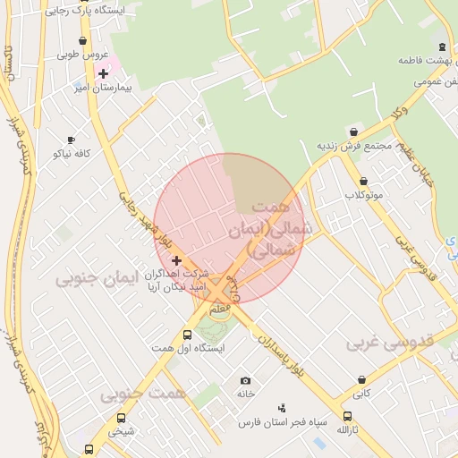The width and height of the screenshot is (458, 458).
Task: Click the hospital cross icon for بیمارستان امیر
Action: point(103,72)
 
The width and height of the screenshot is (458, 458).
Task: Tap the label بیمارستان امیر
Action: point(125,90)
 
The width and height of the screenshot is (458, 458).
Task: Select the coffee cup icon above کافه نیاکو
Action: point(72,140)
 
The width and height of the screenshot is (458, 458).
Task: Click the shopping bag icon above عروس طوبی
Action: point(83,40)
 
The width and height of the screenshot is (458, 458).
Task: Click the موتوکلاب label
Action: point(364,194)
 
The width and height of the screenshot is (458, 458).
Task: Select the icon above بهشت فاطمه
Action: point(442,47)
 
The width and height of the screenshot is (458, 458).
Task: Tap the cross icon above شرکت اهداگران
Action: point(176,259)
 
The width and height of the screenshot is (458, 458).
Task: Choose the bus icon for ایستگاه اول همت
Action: point(187,334)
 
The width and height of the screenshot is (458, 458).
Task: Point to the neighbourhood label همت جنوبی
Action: point(143,394)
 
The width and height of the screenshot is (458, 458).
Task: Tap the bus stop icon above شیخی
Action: point(122,418)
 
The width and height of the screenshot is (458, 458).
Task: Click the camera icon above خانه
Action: point(246,380)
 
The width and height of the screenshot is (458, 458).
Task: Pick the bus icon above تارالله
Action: point(347,417)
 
